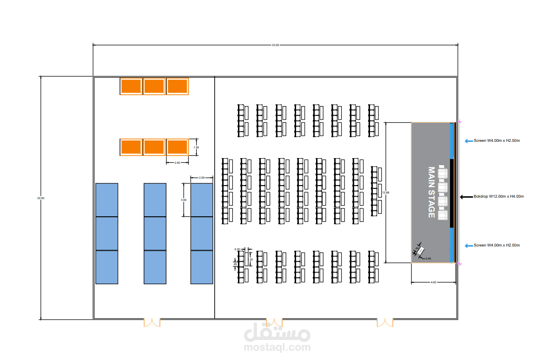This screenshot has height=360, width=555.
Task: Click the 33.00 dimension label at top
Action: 275,45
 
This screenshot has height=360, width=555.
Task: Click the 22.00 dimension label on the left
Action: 41,199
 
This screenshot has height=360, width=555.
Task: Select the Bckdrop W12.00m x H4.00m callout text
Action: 499,197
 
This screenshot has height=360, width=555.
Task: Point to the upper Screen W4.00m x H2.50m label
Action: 496,140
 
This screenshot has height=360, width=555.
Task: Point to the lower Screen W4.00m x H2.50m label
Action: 496,245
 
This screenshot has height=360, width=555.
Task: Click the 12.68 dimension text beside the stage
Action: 385,192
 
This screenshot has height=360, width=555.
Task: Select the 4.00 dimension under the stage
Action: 433,282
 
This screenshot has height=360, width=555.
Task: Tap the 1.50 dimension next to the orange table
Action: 196,147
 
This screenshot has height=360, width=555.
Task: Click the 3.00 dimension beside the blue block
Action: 184,200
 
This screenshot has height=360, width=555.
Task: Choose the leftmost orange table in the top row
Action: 131,87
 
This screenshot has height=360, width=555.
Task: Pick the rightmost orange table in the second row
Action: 177,147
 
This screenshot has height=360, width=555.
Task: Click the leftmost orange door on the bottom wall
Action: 152,322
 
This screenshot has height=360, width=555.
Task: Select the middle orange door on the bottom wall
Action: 274,322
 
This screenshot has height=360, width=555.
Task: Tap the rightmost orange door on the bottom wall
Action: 385,322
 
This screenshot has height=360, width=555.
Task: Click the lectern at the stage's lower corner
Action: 420,251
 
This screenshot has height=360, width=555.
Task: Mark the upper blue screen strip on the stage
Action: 452,141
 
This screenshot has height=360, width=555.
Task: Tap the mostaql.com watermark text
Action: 277,347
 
